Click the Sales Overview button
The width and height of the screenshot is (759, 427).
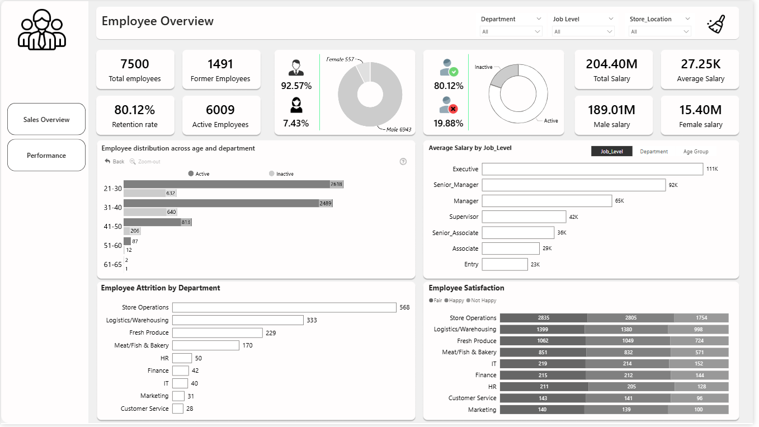coord(46,119)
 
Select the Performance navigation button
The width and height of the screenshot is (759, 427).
coord(46,155)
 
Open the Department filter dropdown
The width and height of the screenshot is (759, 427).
coord(511,31)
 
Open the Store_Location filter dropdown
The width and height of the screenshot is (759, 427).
coord(660,31)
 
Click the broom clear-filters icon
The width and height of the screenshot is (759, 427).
coord(716,25)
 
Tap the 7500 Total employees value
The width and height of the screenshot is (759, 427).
coord(135,64)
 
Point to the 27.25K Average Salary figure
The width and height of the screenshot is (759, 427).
coord(700,64)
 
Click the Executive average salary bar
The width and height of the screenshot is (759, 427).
coord(592,169)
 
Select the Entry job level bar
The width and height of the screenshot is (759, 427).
coord(505,264)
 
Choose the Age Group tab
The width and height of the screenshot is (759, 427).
coord(696,152)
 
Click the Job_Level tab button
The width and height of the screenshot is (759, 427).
coord(611,152)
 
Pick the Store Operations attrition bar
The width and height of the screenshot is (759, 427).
coord(284,307)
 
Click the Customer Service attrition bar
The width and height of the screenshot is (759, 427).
coord(178,409)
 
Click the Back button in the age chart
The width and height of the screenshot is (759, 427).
coord(115,161)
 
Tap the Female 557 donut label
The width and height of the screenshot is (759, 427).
coord(341,59)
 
